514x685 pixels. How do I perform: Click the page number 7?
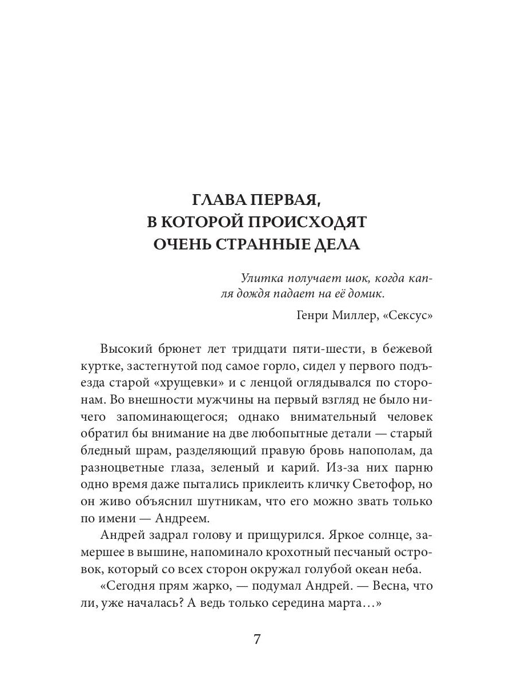coord(257,639)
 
